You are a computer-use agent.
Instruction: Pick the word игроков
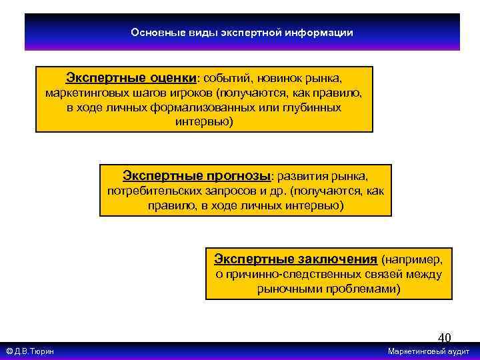189,93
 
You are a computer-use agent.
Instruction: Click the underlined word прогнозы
237,176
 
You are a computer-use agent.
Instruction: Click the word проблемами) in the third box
364,289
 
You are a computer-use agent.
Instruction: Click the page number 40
444,338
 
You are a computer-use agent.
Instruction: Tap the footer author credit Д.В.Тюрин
34,351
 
